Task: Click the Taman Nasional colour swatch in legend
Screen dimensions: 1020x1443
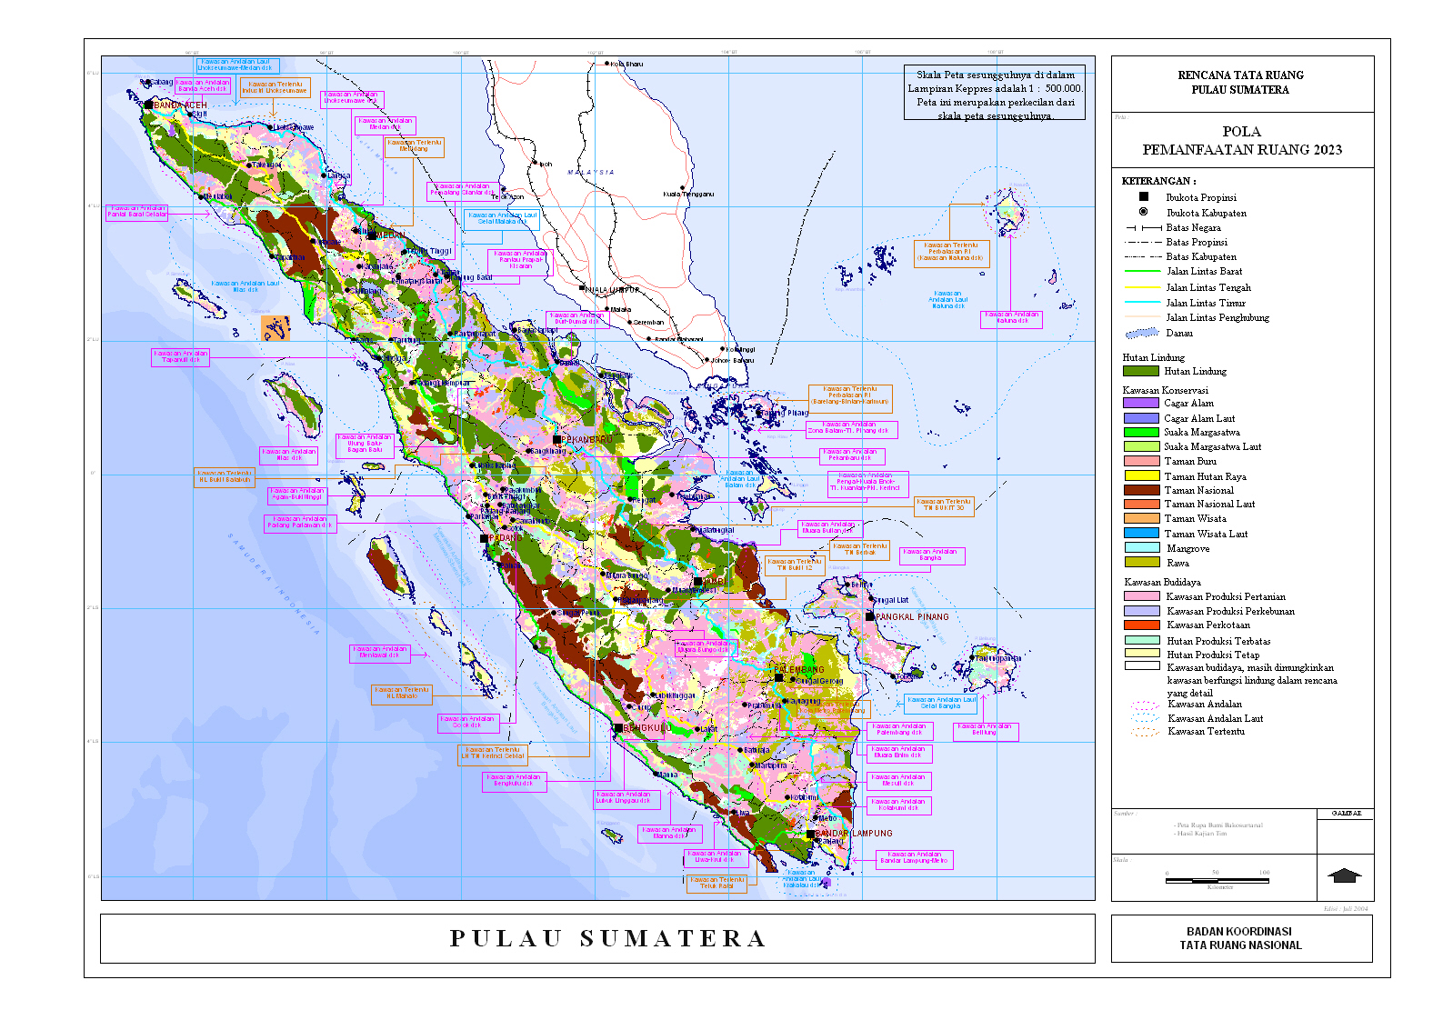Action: pyautogui.click(x=1141, y=490)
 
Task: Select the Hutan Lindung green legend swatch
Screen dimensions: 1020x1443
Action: pyautogui.click(x=1141, y=371)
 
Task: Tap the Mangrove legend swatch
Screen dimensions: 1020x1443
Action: pyautogui.click(x=1141, y=548)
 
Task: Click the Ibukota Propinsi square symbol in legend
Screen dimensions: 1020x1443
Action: pyautogui.click(x=1144, y=196)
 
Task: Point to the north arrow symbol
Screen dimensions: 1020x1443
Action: pyautogui.click(x=1344, y=875)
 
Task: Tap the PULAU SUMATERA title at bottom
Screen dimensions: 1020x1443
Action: pyautogui.click(x=607, y=938)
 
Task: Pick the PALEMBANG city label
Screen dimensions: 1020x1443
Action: pyautogui.click(x=799, y=670)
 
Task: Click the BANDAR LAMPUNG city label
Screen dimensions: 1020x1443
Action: pyautogui.click(x=854, y=834)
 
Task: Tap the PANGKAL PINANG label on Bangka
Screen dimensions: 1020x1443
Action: pyautogui.click(x=911, y=617)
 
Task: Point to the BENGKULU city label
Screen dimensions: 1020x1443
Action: pyautogui.click(x=647, y=728)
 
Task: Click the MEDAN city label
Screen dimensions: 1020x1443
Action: pyautogui.click(x=390, y=235)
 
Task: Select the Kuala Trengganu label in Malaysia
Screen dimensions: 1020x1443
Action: pyautogui.click(x=688, y=194)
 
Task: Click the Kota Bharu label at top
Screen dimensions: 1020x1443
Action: pyautogui.click(x=626, y=65)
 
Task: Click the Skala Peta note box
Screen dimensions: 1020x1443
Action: pyautogui.click(x=995, y=95)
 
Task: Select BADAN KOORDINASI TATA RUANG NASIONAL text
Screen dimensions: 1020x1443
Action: pyautogui.click(x=1240, y=938)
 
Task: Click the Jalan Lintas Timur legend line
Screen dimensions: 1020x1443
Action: pyautogui.click(x=1142, y=302)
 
